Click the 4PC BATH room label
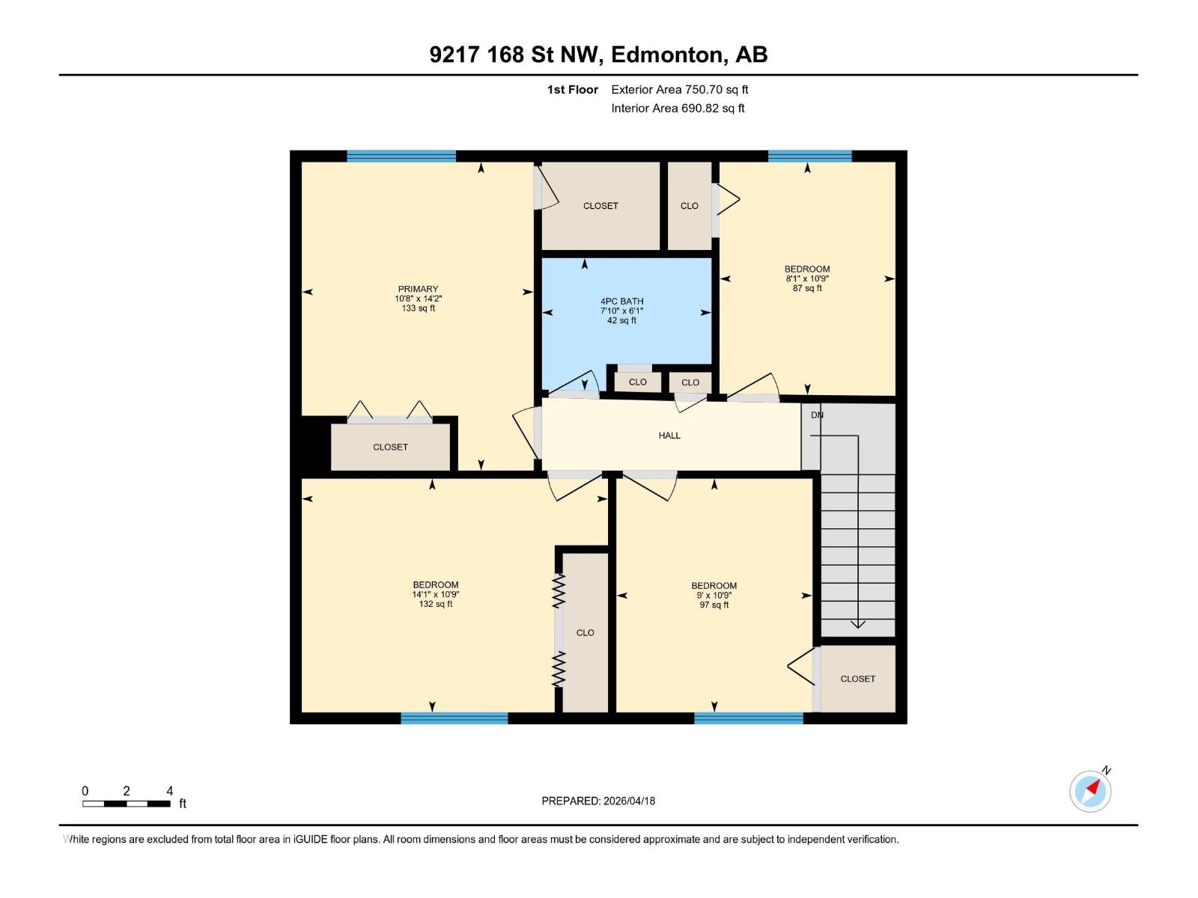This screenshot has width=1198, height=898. point(621,302)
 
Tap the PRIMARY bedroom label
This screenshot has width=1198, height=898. point(418,289)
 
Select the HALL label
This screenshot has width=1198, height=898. point(669,436)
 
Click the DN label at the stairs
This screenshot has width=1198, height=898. point(817,415)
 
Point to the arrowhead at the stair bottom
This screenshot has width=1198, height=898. point(858,624)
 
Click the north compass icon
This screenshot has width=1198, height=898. point(1090,791)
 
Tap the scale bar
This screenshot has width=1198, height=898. point(127,804)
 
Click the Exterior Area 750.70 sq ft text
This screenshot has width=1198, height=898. point(679,90)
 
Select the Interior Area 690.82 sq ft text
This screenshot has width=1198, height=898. point(678,109)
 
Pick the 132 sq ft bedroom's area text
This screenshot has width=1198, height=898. point(435,604)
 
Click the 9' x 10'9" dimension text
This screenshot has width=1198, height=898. point(714,596)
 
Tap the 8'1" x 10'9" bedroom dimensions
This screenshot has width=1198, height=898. point(807,278)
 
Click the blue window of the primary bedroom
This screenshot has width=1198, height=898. point(401,156)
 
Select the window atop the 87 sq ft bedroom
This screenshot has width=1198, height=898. point(809,156)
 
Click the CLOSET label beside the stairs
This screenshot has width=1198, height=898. point(857,679)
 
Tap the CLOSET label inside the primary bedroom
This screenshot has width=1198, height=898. point(390,448)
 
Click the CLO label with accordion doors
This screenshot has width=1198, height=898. point(585,633)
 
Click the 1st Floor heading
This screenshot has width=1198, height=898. point(572,90)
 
